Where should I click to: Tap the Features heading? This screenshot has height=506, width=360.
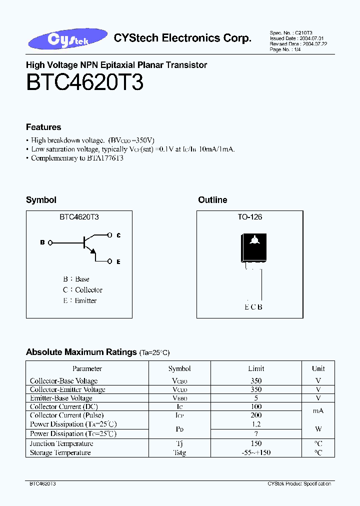pyautogui.click(x=43, y=127)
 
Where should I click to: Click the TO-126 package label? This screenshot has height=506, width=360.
pyautogui.click(x=249, y=217)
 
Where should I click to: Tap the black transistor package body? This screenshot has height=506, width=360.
pyautogui.click(x=254, y=246)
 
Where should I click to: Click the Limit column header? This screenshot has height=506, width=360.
pyautogui.click(x=256, y=368)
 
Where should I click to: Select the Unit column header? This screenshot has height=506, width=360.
pyautogui.click(x=318, y=368)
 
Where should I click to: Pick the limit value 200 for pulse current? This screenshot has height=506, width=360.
pyautogui.click(x=256, y=415)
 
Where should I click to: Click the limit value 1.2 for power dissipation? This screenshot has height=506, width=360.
pyautogui.click(x=256, y=424)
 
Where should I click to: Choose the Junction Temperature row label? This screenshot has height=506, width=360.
pyautogui.click(x=61, y=443)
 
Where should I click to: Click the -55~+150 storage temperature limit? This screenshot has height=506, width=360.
pyautogui.click(x=256, y=452)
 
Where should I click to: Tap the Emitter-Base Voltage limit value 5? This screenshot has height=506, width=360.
pyautogui.click(x=256, y=398)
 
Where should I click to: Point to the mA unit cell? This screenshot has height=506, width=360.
pyautogui.click(x=318, y=410)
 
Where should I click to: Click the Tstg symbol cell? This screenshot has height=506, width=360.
pyautogui.click(x=179, y=452)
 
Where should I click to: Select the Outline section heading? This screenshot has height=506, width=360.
pyautogui.click(x=212, y=200)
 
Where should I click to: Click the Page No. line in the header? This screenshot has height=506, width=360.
pyautogui.click(x=286, y=49)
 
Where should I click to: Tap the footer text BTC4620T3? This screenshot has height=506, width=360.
pyautogui.click(x=42, y=484)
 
